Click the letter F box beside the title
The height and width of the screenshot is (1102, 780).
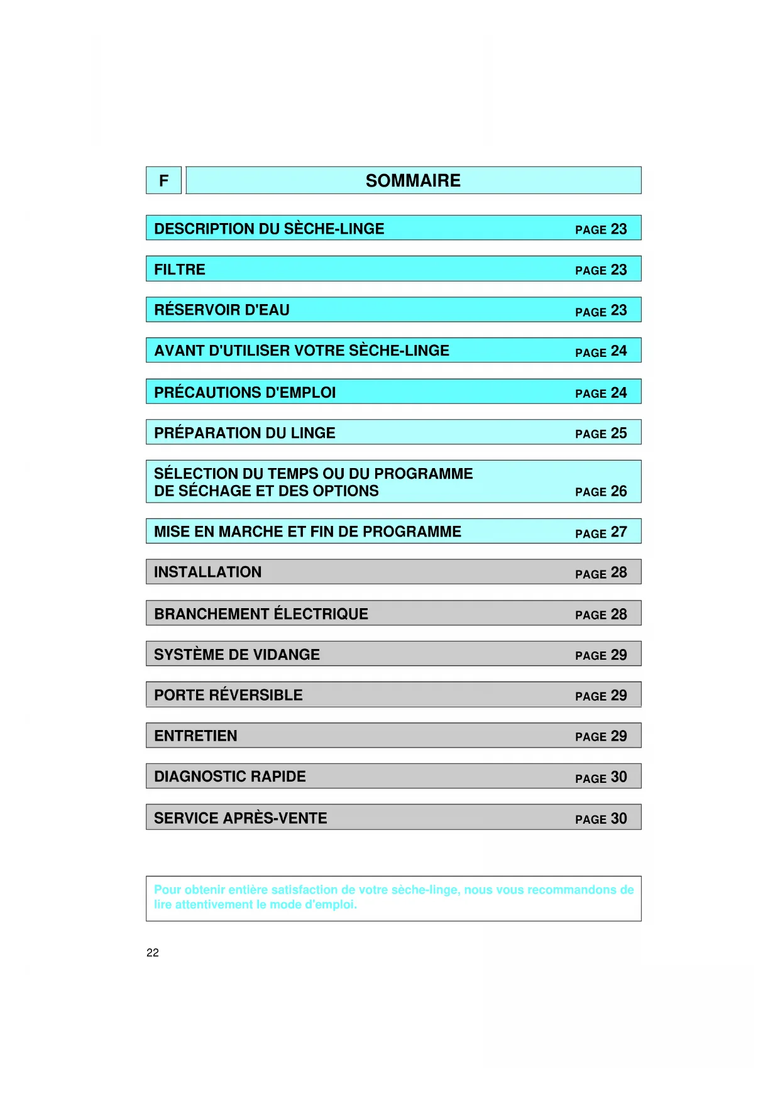[x=163, y=181]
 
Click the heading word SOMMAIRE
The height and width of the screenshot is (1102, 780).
[x=413, y=181]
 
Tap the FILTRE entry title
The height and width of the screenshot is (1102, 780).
[x=180, y=270]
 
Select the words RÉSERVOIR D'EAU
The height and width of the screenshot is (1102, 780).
[x=222, y=310]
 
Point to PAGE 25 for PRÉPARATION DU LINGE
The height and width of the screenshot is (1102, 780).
[x=601, y=434]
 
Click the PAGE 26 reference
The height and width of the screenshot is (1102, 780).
[x=601, y=491]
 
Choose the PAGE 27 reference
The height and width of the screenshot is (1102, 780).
[x=601, y=533]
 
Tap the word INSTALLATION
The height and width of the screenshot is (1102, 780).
[x=207, y=572]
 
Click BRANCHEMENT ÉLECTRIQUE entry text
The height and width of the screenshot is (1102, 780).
[x=261, y=614]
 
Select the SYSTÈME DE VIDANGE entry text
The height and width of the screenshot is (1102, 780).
[x=237, y=655]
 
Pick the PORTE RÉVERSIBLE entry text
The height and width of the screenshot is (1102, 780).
[x=228, y=696]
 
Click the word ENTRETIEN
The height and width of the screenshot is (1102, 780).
[x=195, y=736]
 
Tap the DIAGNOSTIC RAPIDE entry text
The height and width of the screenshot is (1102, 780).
[x=230, y=777]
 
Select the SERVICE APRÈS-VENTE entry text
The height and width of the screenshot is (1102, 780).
[x=240, y=818]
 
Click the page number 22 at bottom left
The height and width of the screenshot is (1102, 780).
[x=153, y=952]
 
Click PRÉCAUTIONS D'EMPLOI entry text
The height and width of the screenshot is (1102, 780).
[x=244, y=393]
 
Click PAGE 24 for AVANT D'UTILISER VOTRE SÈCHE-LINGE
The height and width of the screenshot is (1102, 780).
[x=601, y=351]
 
